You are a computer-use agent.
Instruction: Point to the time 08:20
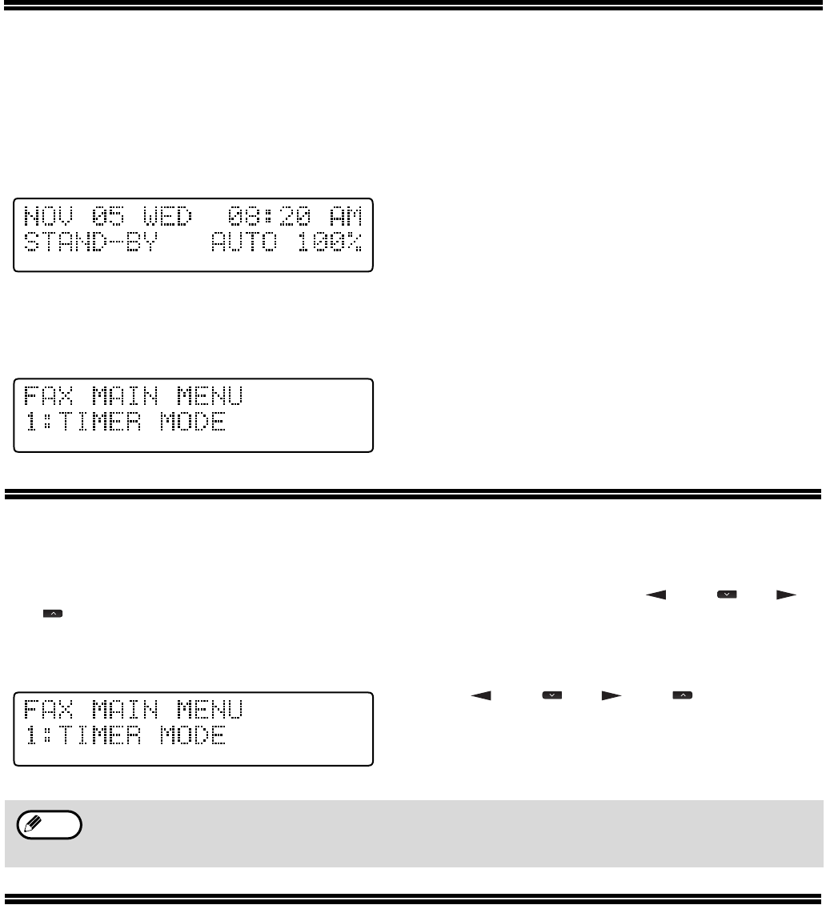[x=261, y=216]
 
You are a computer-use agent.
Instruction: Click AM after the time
[x=347, y=216]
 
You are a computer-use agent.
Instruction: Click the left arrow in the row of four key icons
[x=481, y=697]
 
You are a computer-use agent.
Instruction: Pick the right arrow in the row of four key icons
[x=611, y=697]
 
